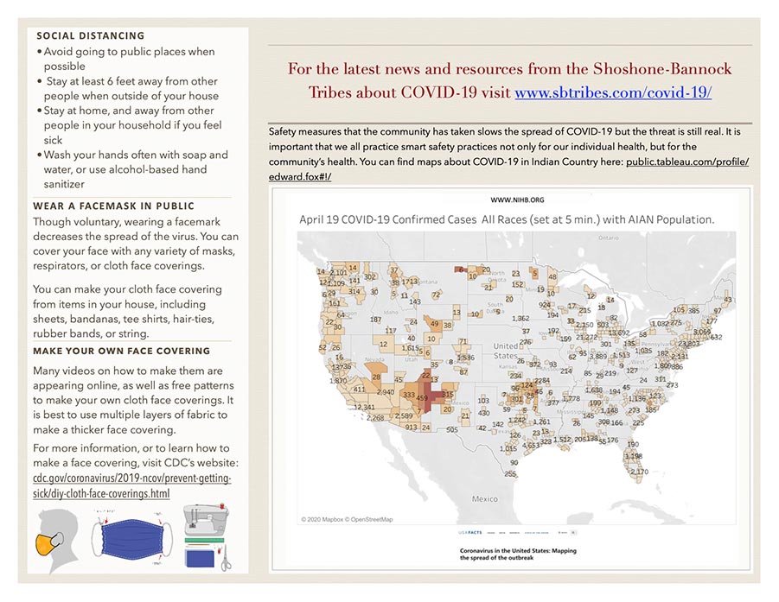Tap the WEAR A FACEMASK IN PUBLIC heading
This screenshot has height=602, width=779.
(x=113, y=206)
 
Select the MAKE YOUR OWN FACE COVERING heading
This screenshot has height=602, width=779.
(x=121, y=352)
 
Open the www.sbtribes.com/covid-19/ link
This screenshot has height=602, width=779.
(x=613, y=92)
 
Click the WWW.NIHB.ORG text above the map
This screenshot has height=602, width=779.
(x=517, y=200)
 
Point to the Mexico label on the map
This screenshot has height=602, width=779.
(x=484, y=499)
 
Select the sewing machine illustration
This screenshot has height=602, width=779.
(x=205, y=523)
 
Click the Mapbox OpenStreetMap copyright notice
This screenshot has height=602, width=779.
(x=347, y=519)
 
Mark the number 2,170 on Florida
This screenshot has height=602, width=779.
(x=639, y=472)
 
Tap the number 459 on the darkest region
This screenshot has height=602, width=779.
(x=423, y=398)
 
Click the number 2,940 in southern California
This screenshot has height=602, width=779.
(x=386, y=392)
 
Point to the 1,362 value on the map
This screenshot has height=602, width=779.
(x=520, y=319)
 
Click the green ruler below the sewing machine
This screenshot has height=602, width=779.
(x=205, y=546)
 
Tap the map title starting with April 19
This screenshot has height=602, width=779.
(x=507, y=219)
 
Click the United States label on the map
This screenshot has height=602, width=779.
(x=506, y=351)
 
